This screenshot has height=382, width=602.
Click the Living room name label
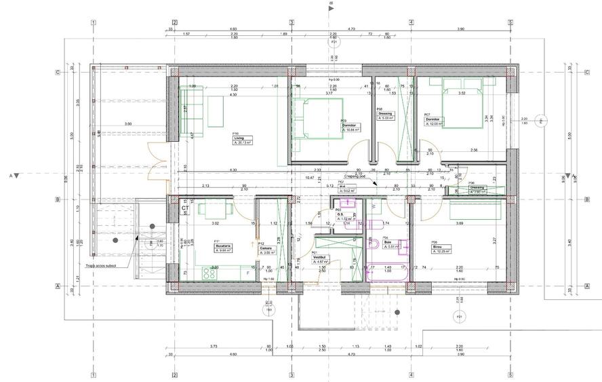coord(239,138)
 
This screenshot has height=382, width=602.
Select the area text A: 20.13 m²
coord(243,143)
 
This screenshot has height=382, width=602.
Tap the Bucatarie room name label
coord(224,246)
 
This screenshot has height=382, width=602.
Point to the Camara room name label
coord(265,248)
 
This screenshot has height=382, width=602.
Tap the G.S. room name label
coord(341,214)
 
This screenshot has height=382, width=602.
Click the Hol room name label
coord(342,187)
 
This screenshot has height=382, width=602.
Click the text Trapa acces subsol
coord(102,267)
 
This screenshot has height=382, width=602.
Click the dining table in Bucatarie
coord(216,210)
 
